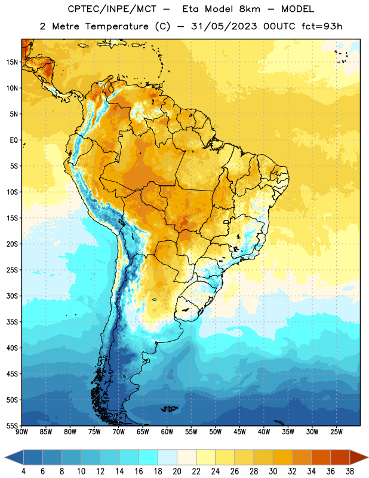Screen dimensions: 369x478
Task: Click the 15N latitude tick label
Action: pyautogui.click(x=12, y=62)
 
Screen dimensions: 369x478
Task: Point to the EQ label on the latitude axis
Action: pyautogui.click(x=14, y=140)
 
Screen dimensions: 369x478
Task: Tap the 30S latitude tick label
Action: pyautogui.click(x=12, y=296)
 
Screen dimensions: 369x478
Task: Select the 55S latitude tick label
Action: pyautogui.click(x=12, y=426)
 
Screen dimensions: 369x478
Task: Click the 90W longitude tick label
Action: pyautogui.click(x=21, y=432)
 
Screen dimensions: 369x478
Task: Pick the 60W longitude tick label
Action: pyautogui.click(x=167, y=432)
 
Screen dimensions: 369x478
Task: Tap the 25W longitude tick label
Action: pyautogui.click(x=336, y=432)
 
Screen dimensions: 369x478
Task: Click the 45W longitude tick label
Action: pyautogui.click(x=239, y=432)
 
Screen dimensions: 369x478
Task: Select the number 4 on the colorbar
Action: pyautogui.click(x=23, y=471)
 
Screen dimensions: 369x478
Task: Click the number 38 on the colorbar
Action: pyautogui.click(x=349, y=471)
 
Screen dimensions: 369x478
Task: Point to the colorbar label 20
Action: pyautogui.click(x=177, y=471)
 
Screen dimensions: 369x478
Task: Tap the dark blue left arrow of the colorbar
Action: pyautogui.click(x=14, y=458)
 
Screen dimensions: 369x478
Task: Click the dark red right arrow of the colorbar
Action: pyautogui.click(x=359, y=458)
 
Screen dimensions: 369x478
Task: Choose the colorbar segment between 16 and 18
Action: pyautogui.click(x=148, y=458)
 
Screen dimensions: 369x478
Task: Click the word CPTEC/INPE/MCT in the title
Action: pyautogui.click(x=112, y=9)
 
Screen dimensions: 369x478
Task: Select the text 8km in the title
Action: pyautogui.click(x=250, y=9)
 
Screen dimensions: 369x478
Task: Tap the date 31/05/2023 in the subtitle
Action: pyautogui.click(x=224, y=26)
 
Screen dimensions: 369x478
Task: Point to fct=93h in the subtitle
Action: pyautogui.click(x=322, y=26)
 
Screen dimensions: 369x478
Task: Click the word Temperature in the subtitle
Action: pyautogui.click(x=116, y=27)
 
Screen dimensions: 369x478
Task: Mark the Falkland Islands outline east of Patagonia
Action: pyautogui.click(x=170, y=409)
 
